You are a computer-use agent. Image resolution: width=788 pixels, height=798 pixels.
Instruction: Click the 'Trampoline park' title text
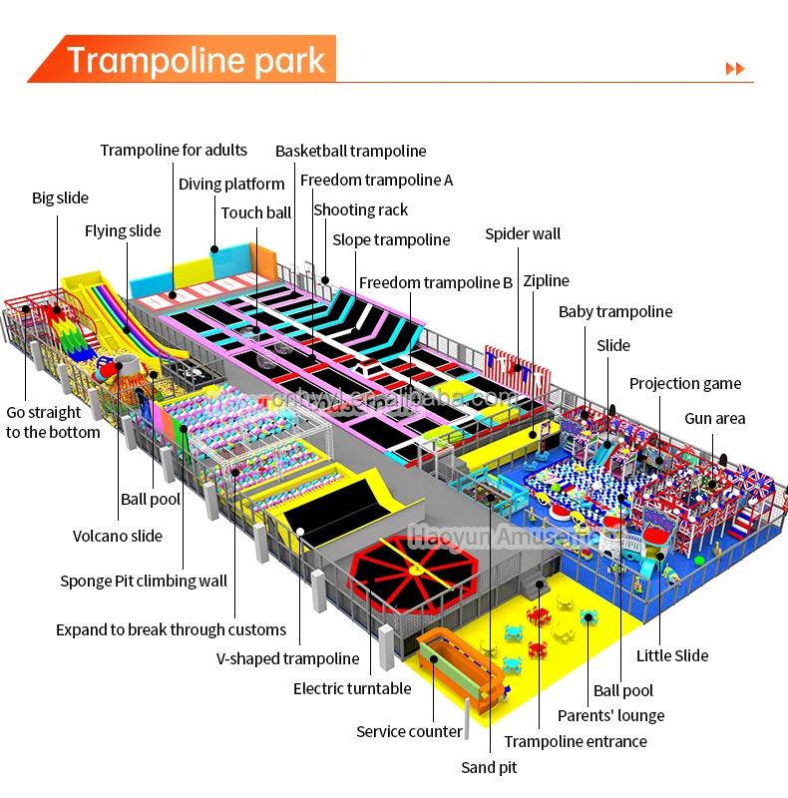click(196, 61)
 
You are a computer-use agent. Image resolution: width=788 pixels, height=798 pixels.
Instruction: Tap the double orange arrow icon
click(735, 68)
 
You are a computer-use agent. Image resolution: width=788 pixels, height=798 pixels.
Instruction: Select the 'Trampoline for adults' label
click(174, 151)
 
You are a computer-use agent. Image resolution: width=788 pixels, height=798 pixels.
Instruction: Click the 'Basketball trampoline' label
click(350, 152)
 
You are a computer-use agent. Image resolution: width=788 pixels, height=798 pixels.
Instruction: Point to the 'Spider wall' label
click(523, 234)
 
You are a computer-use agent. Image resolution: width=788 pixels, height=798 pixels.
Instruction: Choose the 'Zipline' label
click(546, 281)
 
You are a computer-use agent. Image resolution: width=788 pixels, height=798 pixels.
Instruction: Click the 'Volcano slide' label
click(118, 536)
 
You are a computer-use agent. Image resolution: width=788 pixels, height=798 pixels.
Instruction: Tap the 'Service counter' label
click(409, 732)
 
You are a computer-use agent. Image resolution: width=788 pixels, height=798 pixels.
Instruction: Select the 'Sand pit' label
click(489, 767)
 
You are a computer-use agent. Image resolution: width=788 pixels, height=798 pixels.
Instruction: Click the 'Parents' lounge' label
click(610, 715)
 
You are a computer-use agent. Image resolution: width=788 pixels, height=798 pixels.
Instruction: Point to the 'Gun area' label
click(714, 419)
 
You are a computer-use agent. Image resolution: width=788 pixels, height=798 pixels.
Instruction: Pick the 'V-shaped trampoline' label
click(287, 658)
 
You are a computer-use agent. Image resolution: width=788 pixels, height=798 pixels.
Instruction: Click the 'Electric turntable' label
click(352, 688)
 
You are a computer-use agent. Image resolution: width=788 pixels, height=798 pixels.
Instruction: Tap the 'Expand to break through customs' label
click(171, 629)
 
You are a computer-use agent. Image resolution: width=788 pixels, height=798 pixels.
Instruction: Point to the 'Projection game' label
click(685, 384)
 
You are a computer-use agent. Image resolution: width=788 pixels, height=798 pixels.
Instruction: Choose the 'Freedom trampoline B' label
click(435, 283)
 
